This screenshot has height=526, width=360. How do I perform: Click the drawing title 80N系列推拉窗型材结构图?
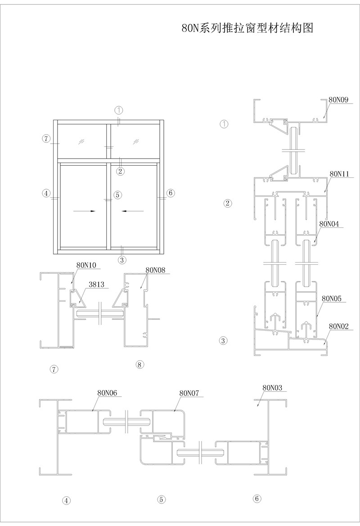(x=247, y=28)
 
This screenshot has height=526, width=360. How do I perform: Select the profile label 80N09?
(x=338, y=100)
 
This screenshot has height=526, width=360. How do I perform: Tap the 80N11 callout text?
(x=339, y=174)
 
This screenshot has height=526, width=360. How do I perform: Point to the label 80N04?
(x=329, y=223)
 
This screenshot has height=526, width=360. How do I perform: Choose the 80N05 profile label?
(x=332, y=298)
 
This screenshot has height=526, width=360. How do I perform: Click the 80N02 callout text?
(x=339, y=326)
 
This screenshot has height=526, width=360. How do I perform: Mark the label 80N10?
(x=86, y=265)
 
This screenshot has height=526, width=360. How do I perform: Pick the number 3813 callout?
(x=97, y=285)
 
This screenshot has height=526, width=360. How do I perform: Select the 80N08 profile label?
(x=156, y=270)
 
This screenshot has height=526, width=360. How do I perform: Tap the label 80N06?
(x=107, y=393)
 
